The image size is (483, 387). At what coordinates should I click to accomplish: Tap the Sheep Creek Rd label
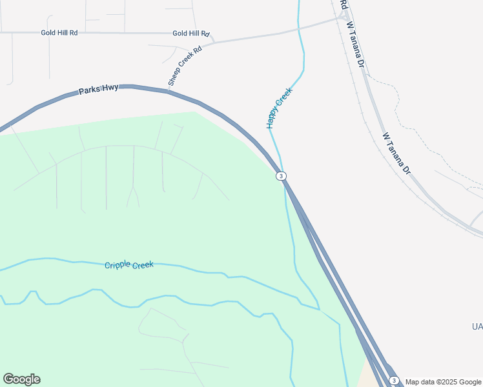click(x=185, y=65)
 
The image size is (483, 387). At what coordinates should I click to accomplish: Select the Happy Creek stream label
click(x=280, y=107)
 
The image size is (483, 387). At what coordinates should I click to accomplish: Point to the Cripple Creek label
click(x=129, y=264)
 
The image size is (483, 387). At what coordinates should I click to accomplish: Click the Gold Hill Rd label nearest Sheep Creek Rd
click(x=191, y=34)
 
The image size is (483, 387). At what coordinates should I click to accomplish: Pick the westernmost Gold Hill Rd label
click(x=59, y=32)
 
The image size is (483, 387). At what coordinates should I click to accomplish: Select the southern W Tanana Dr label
click(x=396, y=155)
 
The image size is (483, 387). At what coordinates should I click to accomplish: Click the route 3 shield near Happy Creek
click(x=281, y=176)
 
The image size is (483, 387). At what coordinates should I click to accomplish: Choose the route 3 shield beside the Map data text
click(x=395, y=381)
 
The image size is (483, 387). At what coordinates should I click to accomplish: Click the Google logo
click(x=21, y=379)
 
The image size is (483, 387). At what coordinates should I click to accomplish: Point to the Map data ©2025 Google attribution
click(x=443, y=381)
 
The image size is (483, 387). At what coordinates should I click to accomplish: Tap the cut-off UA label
click(x=477, y=328)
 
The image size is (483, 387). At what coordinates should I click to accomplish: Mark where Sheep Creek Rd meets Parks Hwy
click(x=169, y=90)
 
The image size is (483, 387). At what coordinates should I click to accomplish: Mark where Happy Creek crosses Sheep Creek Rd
click(x=299, y=26)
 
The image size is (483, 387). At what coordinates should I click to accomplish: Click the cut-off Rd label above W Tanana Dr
click(x=344, y=5)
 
